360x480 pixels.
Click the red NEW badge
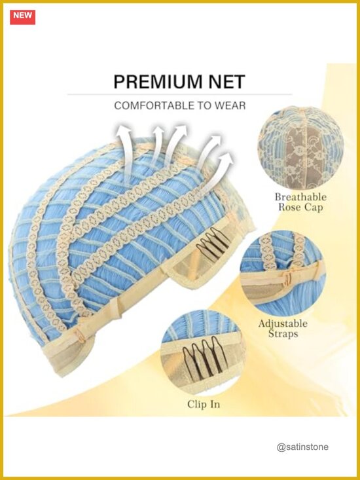click(22, 17)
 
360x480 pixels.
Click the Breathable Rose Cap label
click(300, 202)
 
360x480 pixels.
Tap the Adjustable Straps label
click(283, 329)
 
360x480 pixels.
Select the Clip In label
click(204, 405)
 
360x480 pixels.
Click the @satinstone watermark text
click(302, 447)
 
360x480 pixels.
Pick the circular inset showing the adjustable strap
click(283, 274)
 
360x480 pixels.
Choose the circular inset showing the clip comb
click(203, 353)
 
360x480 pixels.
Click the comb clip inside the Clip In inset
click(204, 354)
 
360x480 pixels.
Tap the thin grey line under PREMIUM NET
click(180, 94)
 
